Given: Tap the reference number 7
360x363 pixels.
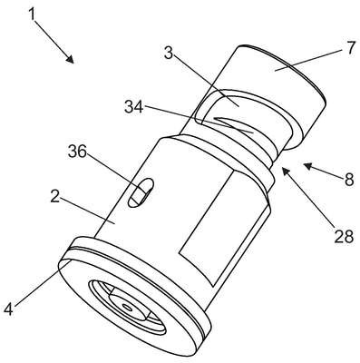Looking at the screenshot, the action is tap(350, 48).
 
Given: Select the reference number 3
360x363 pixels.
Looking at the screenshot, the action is tap(169, 54).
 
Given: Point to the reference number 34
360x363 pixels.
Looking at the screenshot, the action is tap(134, 107).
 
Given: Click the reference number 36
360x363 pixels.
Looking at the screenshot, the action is tap(77, 152).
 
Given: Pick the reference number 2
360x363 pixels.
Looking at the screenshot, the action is tap(54, 198).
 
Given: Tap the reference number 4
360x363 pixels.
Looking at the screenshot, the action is tap(9, 309).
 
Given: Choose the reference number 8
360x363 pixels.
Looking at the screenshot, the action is tap(349, 181).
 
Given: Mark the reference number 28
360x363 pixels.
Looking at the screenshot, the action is tap(344, 236).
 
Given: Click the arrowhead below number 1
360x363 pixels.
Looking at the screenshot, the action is tap(70, 59).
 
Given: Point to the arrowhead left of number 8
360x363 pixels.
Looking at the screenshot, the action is tap(308, 166).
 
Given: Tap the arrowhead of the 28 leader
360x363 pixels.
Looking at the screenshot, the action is tap(286, 172).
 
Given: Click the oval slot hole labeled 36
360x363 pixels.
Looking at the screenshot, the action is tap(141, 192).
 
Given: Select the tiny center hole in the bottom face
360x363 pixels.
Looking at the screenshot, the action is tap(128, 308).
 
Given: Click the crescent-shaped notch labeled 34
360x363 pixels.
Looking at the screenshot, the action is tap(233, 124).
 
